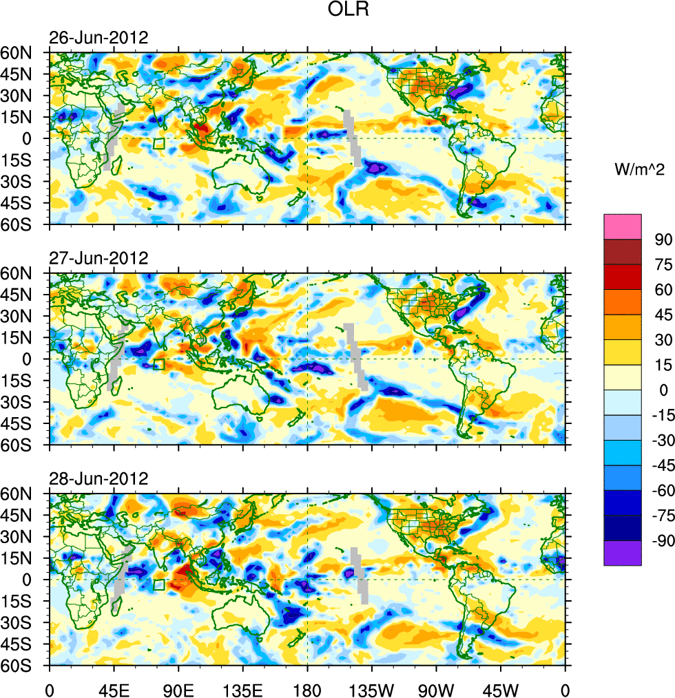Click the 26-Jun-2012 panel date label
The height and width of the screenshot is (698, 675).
pyautogui.click(x=98, y=38)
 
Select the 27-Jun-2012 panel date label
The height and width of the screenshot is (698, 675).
pyautogui.click(x=98, y=258)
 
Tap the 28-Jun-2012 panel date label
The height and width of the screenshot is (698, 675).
pyautogui.click(x=98, y=478)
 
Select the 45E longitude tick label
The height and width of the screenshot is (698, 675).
pyautogui.click(x=114, y=688)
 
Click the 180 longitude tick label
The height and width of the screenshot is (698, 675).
pyautogui.click(x=307, y=688)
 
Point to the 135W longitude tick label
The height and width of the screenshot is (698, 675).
pyautogui.click(x=372, y=688)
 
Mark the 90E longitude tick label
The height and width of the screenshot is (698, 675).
pyautogui.click(x=178, y=688)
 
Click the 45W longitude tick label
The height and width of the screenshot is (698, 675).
pyautogui.click(x=501, y=688)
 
